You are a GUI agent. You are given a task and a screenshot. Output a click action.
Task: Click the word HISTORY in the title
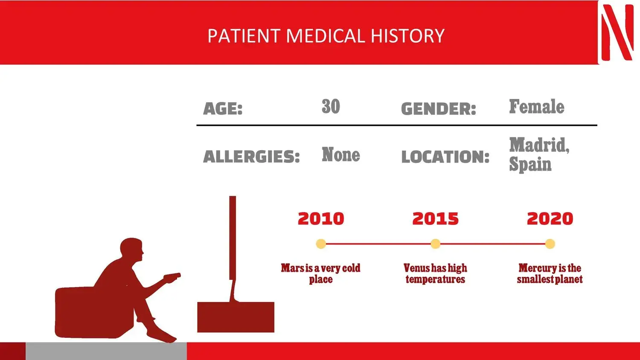(408, 36)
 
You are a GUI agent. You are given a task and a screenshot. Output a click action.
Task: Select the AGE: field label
(223, 109)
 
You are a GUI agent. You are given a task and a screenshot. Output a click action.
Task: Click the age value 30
(331, 106)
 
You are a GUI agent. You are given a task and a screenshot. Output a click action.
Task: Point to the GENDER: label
(439, 109)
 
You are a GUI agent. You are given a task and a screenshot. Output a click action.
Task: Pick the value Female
(537, 106)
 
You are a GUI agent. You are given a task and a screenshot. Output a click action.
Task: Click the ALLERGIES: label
(251, 157)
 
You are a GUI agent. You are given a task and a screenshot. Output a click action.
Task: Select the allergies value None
(341, 154)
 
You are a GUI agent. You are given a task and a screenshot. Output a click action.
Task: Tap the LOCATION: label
(445, 157)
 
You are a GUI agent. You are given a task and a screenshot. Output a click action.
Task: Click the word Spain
(530, 165)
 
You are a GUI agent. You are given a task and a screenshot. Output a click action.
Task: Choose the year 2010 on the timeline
(321, 218)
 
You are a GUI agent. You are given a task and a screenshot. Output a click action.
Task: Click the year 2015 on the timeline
(436, 218)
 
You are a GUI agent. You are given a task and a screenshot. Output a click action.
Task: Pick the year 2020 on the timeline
(550, 218)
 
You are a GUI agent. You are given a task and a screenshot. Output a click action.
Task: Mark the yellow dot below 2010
(321, 244)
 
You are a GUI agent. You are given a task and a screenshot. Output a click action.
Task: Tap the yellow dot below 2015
(436, 244)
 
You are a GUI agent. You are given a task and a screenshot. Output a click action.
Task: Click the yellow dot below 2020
(550, 244)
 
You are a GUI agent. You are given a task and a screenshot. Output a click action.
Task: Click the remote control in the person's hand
(172, 276)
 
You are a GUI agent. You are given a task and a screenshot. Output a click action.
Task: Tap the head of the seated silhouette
(131, 250)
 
